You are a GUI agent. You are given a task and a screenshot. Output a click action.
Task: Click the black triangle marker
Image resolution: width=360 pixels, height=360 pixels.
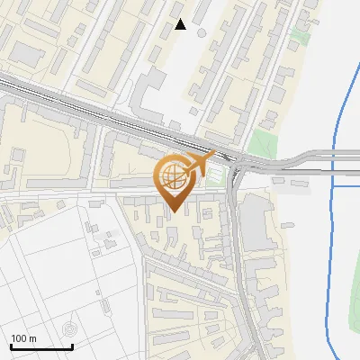tap(181, 24)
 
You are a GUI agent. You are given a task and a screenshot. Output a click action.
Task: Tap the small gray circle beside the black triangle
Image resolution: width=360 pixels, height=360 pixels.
tap(201, 33)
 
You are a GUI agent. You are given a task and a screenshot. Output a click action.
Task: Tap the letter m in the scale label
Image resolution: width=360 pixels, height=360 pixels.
tap(32, 338)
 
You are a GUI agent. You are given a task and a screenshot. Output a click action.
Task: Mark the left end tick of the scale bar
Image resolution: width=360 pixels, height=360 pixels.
tap(11, 346)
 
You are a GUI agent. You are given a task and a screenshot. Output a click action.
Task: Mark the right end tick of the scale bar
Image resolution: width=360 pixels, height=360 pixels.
tap(72, 346)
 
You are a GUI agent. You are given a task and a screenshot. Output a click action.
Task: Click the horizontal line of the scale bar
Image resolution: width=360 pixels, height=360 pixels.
tap(41, 347)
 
